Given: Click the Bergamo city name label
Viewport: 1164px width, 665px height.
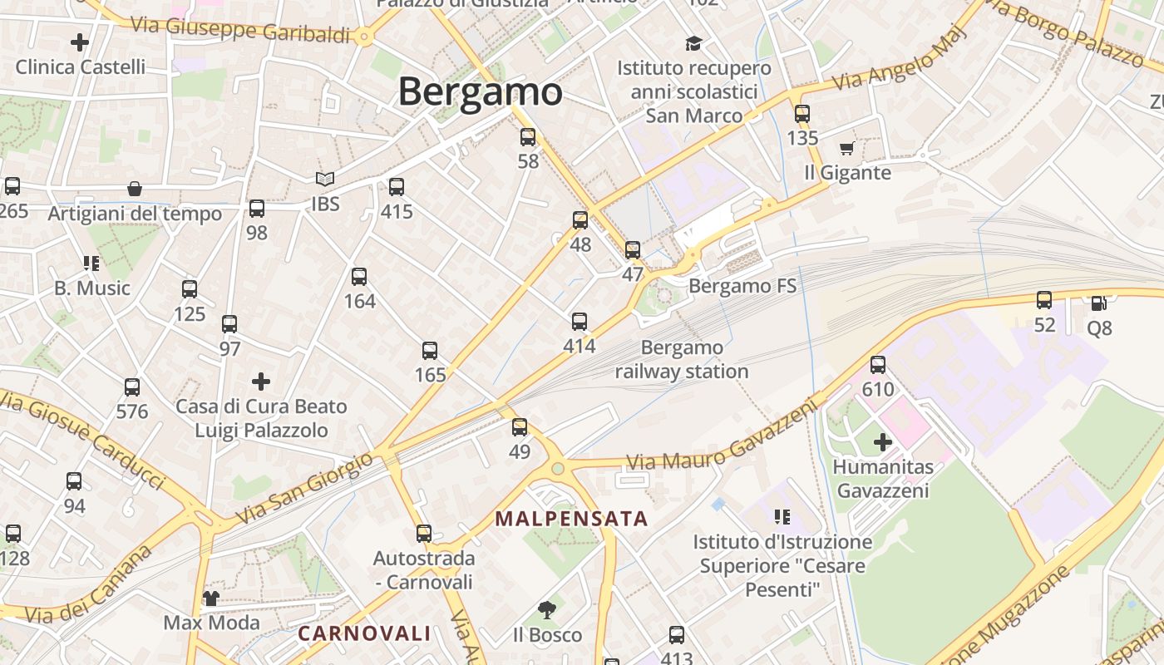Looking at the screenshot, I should tap(480, 91).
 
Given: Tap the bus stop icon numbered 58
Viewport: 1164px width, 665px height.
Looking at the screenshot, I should tap(528, 137).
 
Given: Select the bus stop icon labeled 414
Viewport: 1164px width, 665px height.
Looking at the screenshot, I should tap(580, 322).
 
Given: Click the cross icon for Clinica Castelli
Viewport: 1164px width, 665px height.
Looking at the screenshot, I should tap(80, 42).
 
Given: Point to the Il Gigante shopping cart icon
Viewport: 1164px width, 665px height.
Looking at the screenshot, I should tap(846, 149).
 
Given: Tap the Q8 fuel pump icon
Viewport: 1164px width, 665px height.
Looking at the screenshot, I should tap(1098, 303).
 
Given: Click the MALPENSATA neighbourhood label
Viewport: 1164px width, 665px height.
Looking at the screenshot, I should tap(570, 519).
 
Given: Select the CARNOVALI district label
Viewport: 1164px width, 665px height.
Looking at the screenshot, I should tap(364, 633).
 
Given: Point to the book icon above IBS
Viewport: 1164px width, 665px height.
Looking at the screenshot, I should tap(325, 179).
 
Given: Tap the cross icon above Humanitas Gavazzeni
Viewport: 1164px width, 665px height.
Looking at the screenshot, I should tap(883, 442).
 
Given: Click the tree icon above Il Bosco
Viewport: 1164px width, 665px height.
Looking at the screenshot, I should tap(547, 611).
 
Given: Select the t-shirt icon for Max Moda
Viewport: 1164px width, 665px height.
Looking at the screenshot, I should tap(211, 598).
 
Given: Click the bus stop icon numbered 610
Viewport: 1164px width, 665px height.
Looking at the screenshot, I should tap(878, 365).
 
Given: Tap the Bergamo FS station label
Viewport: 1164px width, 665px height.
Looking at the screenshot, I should tap(742, 287).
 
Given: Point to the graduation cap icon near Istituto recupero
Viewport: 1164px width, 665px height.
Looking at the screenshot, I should tap(693, 43).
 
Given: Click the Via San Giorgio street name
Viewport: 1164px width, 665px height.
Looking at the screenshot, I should tap(305, 488).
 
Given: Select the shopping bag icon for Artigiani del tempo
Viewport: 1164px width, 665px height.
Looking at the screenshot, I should tap(135, 190).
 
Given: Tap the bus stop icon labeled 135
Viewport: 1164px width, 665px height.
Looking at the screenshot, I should tap(802, 114).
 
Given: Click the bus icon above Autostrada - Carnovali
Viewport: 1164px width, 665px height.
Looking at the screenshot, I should tap(424, 534).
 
